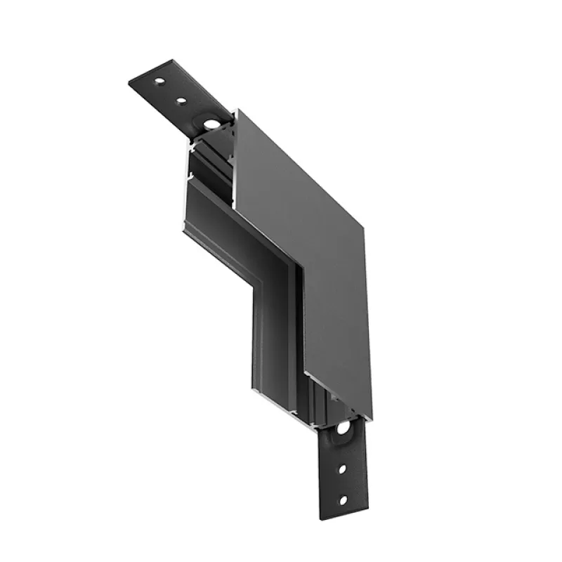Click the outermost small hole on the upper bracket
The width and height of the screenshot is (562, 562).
[159, 84]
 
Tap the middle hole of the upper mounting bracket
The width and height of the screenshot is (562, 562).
[181, 101]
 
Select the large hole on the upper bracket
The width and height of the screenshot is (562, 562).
[209, 125]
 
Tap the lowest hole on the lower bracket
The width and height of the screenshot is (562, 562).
[343, 500]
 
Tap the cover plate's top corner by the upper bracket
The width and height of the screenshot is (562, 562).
[237, 110]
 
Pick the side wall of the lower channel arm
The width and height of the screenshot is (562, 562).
[270, 330]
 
